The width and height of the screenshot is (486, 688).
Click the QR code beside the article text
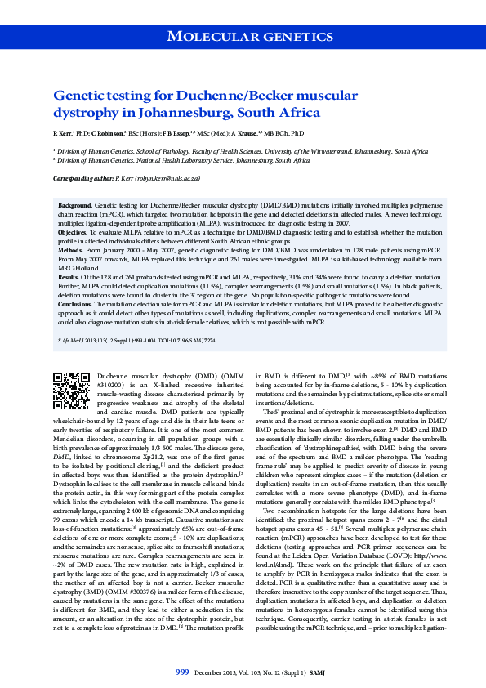pos(71,391)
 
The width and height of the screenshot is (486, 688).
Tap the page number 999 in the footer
pos(183,672)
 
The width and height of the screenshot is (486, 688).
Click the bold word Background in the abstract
pos(74,206)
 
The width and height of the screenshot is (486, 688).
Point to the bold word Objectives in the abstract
pos(74,231)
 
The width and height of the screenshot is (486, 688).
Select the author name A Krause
pos(246,132)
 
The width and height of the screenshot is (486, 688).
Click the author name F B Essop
pos(175,132)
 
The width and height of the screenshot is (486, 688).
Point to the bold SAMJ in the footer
pos(323,672)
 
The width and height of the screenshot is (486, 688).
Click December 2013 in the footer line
pos(215,672)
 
